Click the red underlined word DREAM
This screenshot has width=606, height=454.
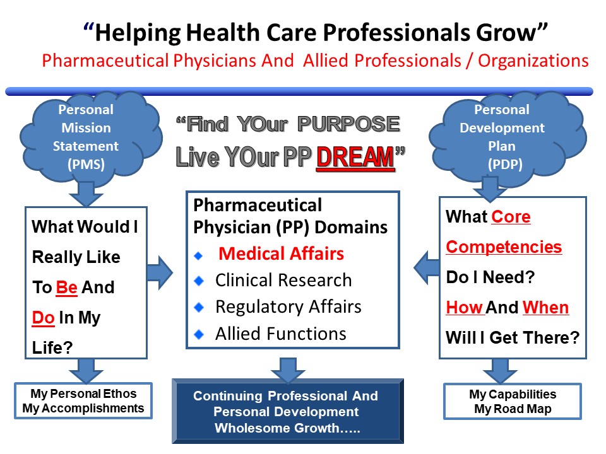point(355,157)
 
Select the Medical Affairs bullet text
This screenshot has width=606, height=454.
point(281,253)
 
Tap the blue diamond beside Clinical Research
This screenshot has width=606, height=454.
point(199,281)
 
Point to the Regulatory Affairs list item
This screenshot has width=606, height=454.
point(288,307)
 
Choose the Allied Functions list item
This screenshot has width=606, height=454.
point(280,334)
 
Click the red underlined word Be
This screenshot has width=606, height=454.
point(66,288)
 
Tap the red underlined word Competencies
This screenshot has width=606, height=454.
point(504,247)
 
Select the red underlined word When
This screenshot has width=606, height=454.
point(545,308)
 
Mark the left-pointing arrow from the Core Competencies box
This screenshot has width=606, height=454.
point(427,267)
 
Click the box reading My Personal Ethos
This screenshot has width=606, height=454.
point(83,401)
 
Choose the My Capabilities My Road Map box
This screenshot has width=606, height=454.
point(513,401)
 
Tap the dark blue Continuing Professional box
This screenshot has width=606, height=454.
point(288,411)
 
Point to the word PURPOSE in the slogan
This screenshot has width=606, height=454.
point(348,124)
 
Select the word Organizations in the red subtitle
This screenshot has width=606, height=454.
point(533,61)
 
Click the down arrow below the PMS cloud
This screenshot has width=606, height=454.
point(86,194)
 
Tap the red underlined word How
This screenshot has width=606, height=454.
point(464,308)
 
